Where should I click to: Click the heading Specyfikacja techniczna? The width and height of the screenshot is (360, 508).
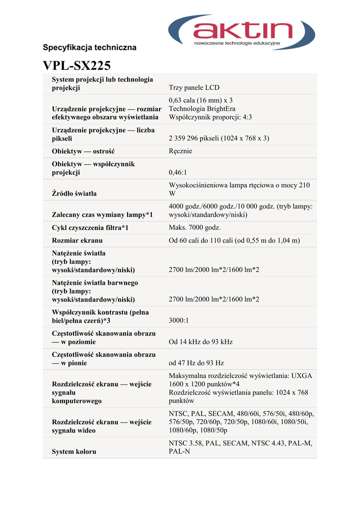pyautogui.click(x=89, y=48)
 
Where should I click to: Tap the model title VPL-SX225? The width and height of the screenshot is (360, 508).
pyautogui.click(x=76, y=65)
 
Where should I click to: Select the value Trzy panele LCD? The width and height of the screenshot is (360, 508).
pyautogui.click(x=194, y=88)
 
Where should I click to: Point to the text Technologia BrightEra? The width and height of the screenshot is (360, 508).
pyautogui.click(x=202, y=109)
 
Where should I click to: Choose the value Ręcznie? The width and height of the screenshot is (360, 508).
pyautogui.click(x=180, y=151)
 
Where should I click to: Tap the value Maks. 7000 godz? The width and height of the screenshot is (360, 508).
pyautogui.click(x=195, y=228)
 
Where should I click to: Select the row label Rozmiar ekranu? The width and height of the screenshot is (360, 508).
pyautogui.click(x=77, y=241)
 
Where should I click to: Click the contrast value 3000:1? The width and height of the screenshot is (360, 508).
pyautogui.click(x=179, y=320)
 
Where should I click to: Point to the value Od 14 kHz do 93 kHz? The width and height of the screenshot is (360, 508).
pyautogui.click(x=201, y=342)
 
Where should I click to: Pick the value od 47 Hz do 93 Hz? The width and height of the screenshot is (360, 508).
pyautogui.click(x=197, y=363)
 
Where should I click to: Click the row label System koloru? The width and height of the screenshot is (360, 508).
pyautogui.click(x=74, y=451)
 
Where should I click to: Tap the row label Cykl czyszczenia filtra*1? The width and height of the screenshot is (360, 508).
pyautogui.click(x=90, y=228)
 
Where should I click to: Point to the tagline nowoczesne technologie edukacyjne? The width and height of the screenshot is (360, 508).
pyautogui.click(x=237, y=44)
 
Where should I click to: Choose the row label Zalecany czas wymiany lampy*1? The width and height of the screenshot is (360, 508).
pyautogui.click(x=102, y=215)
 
